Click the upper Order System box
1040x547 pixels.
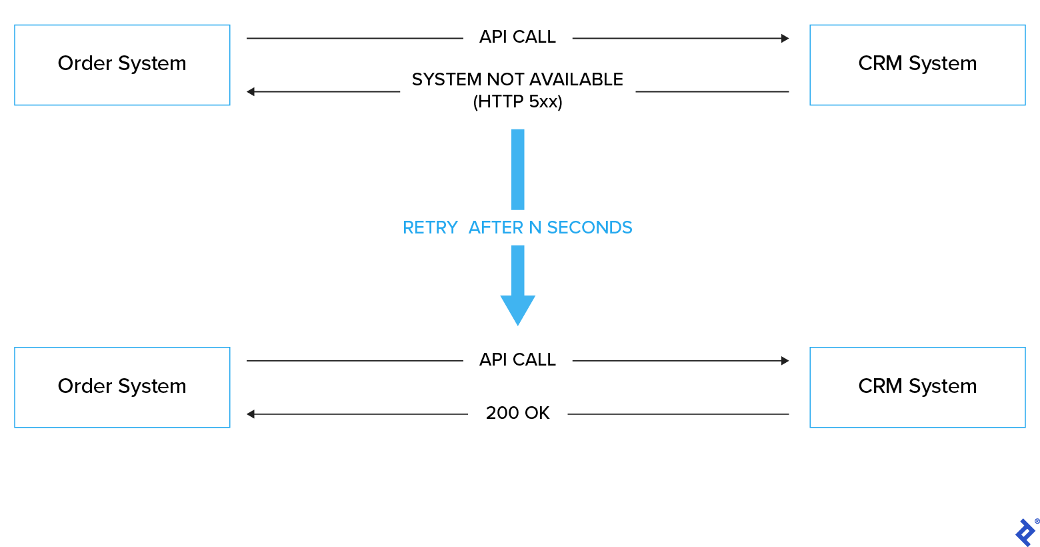pos(122,65)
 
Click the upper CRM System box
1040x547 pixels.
pos(917,65)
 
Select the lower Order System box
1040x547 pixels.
pos(122,387)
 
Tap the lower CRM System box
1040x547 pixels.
pos(917,387)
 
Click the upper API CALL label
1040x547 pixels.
pos(517,37)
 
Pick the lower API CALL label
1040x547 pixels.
pos(517,360)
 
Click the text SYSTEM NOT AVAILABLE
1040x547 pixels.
pos(517,79)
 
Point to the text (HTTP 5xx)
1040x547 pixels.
pos(517,102)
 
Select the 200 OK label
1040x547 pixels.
pos(517,413)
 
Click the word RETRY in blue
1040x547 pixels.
pos(430,228)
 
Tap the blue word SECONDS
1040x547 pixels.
pos(589,228)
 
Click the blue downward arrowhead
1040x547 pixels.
pos(518,310)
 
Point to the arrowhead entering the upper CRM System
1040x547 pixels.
pos(785,39)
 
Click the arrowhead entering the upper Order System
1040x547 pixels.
pos(251,91)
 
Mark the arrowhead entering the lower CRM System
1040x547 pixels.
pos(785,361)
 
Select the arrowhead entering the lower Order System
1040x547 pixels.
pos(251,414)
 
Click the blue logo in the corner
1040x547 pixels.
pos(1025,532)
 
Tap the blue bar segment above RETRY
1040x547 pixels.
pos(518,169)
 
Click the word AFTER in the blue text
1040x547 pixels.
pos(496,228)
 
